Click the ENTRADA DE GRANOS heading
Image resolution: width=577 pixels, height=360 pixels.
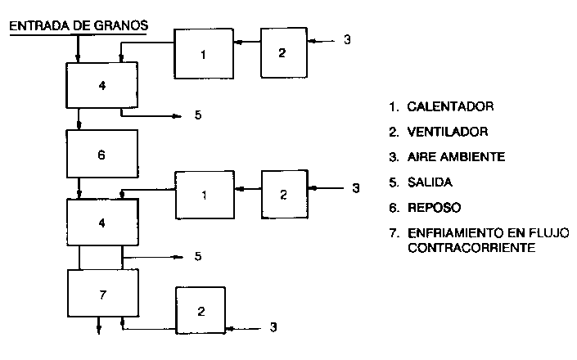point(78,25)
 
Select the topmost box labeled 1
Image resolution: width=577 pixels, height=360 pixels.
point(204,54)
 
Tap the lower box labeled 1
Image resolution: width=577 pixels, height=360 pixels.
point(204,194)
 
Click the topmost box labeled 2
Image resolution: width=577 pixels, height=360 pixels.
point(282,53)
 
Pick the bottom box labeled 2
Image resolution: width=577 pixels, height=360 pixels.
point(201,312)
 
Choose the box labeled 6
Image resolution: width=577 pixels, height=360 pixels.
point(101,153)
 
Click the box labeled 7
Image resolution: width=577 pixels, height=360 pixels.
point(101,293)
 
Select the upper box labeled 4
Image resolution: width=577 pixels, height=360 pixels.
point(101,85)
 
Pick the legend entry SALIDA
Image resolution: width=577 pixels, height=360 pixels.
point(433,181)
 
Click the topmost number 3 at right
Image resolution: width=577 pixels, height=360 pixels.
point(348,40)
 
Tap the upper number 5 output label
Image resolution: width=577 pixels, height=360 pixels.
point(198,115)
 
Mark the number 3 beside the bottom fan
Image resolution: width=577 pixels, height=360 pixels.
point(273,328)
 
